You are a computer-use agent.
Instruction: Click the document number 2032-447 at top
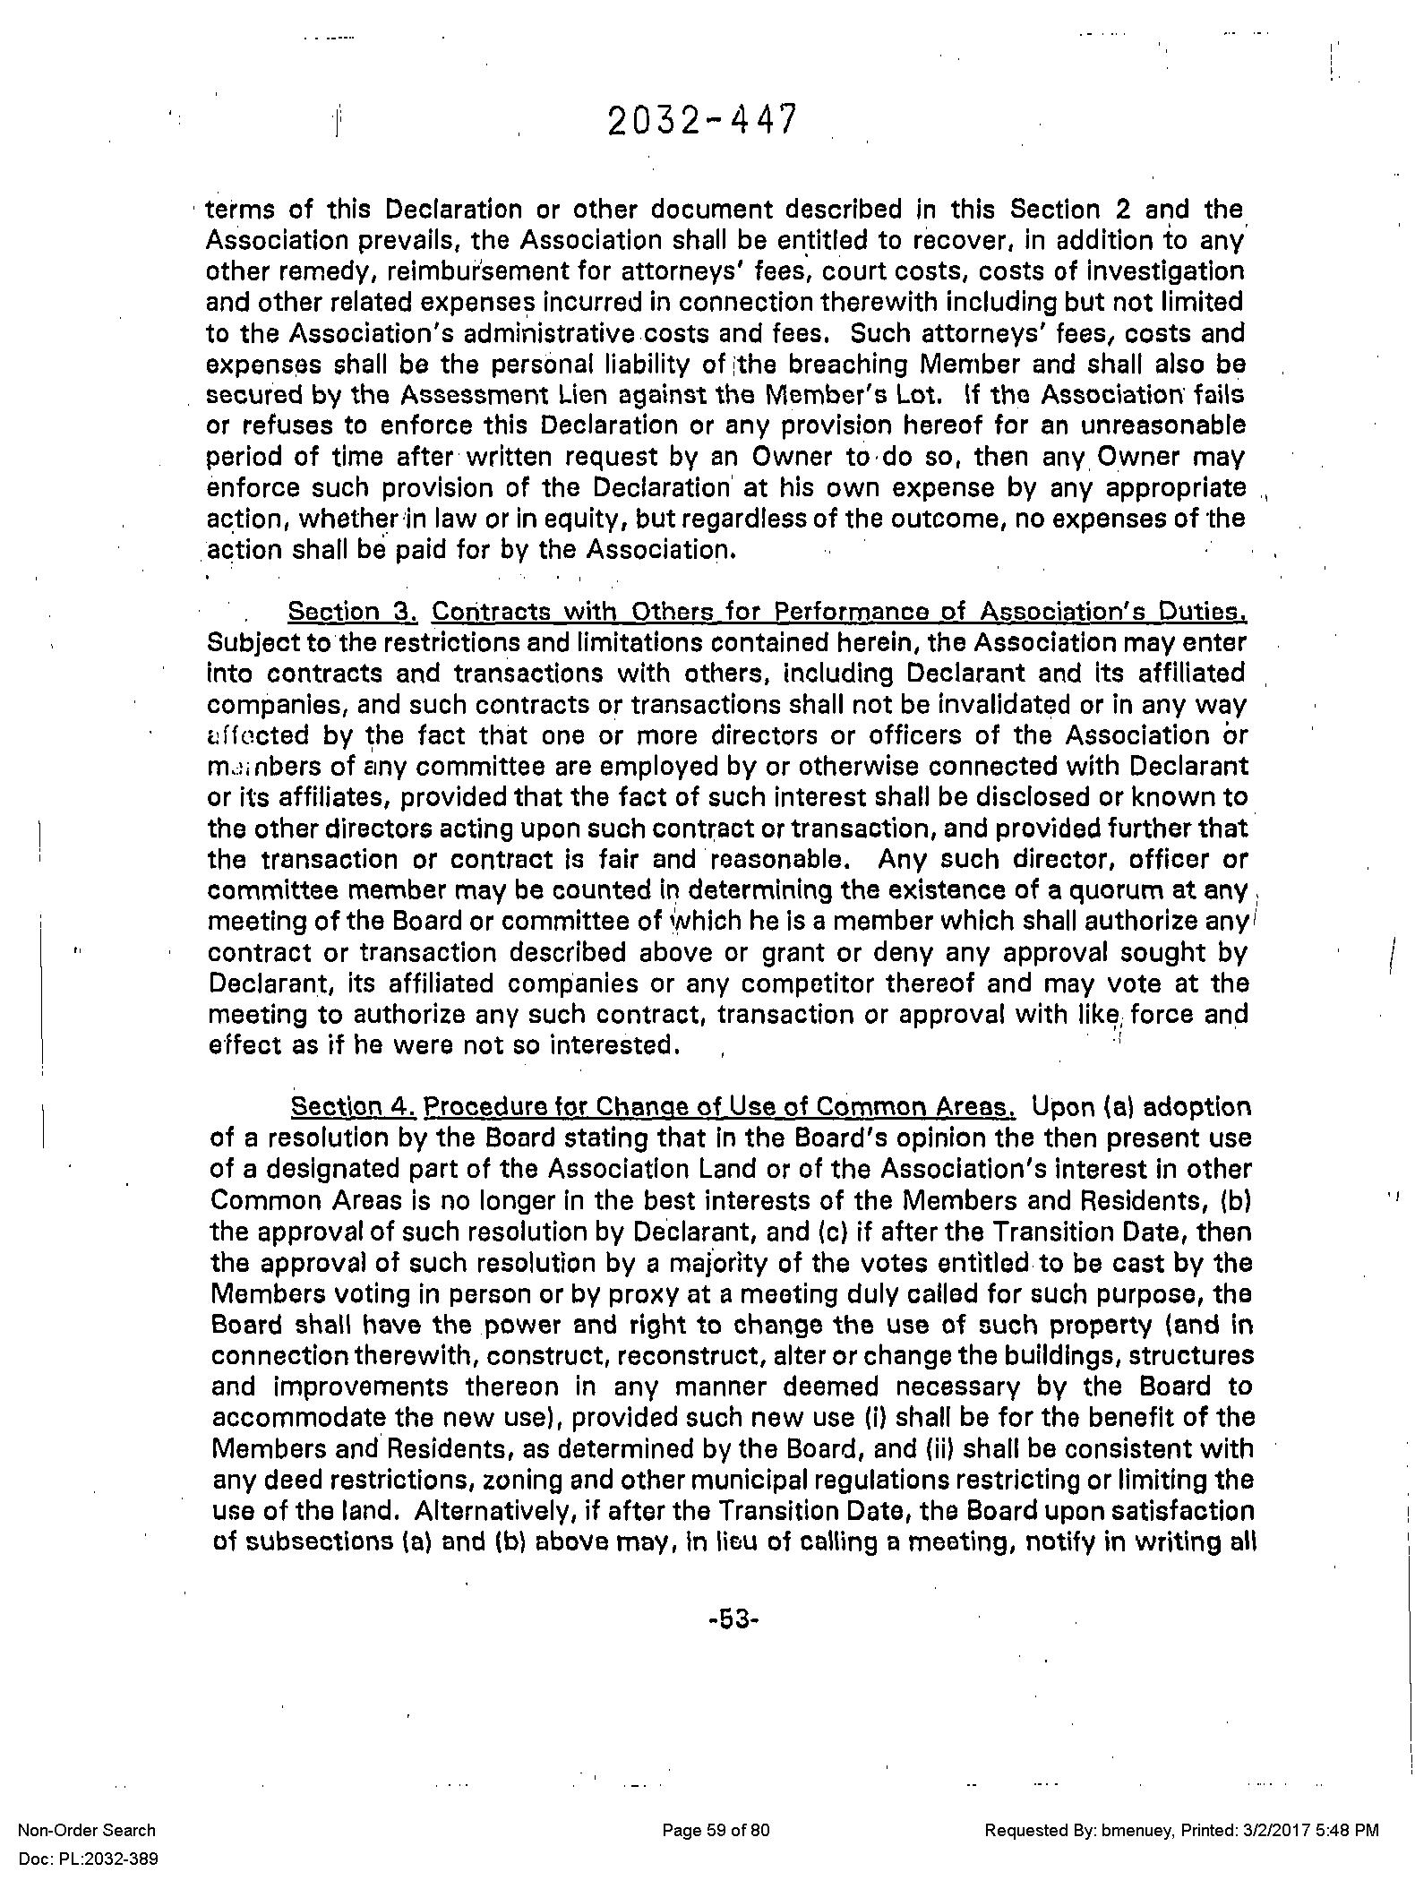pos(701,121)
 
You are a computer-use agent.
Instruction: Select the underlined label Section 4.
pos(354,1107)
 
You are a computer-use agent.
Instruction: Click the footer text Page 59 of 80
pos(716,1831)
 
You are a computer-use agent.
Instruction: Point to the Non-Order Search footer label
pos(87,1831)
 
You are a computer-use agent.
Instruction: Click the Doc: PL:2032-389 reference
pos(88,1859)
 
